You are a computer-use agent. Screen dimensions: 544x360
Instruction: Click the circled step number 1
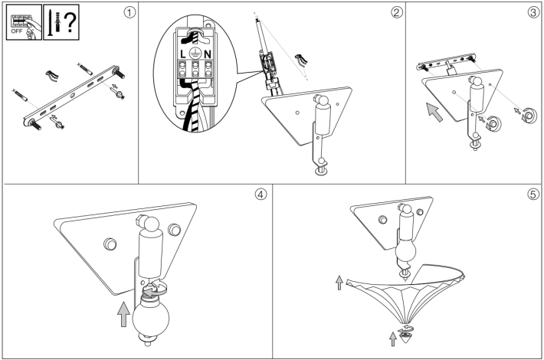(129, 13)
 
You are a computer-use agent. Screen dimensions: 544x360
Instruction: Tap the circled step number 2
(397, 13)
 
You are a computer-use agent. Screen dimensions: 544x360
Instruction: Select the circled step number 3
(533, 13)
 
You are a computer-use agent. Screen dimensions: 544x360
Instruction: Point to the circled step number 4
(261, 195)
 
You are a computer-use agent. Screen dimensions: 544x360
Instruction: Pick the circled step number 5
(533, 195)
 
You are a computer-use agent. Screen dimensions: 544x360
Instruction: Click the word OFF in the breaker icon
(17, 31)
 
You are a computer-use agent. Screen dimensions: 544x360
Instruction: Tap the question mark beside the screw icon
(70, 21)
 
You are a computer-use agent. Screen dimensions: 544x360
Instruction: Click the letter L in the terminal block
(183, 54)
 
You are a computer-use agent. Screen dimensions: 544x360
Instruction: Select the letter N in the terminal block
(208, 54)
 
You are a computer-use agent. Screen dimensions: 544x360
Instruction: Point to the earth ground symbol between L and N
(195, 54)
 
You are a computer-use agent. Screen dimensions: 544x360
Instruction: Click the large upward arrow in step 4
(123, 314)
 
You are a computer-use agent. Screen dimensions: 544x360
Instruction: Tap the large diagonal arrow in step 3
(434, 112)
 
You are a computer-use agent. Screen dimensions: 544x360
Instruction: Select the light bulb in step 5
(405, 250)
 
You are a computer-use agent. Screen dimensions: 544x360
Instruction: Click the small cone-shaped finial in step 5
(405, 336)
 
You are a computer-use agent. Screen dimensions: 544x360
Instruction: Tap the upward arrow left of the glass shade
(339, 283)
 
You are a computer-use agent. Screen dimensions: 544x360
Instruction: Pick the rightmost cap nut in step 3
(529, 116)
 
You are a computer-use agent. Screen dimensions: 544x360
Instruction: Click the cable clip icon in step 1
(52, 76)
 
